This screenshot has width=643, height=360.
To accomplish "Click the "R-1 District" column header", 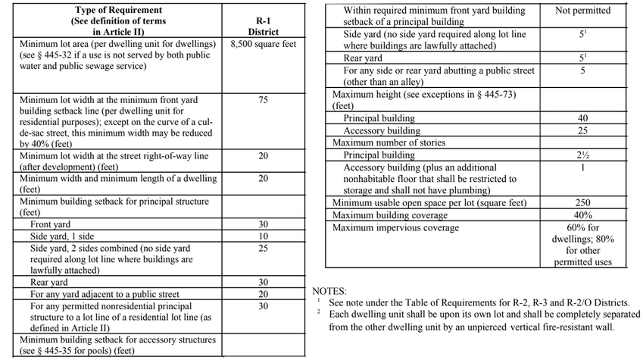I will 263,27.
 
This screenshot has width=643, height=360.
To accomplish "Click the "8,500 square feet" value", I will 263,43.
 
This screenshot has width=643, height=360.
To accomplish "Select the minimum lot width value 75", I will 263,100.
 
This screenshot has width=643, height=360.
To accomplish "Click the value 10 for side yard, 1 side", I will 263,236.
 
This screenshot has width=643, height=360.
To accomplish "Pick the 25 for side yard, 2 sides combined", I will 263,248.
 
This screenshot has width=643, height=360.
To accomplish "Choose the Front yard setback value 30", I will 263,225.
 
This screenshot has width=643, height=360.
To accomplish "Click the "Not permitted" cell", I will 582,11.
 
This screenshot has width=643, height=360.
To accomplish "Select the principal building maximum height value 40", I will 582,119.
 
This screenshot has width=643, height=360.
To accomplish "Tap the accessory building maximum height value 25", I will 582,130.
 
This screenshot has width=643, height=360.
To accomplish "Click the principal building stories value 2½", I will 582,155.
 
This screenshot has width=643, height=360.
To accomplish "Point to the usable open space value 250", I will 582,203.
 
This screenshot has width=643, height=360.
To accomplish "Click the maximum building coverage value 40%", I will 582,215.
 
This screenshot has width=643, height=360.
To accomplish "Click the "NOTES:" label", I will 330,291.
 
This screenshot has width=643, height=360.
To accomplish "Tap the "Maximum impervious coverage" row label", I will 395,227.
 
